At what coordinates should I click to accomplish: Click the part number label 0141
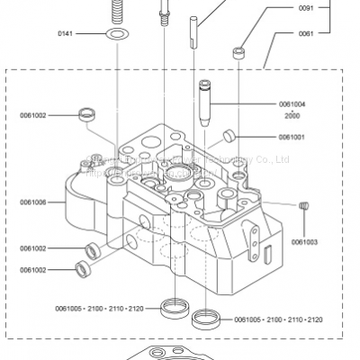(x=65, y=33)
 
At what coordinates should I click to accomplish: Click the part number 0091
(x=306, y=9)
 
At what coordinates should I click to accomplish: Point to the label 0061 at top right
(x=306, y=33)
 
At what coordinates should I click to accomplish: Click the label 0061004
(x=292, y=104)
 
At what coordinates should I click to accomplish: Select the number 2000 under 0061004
(x=292, y=117)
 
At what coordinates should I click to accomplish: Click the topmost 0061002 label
(x=33, y=115)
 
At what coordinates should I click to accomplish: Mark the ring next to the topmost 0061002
(x=87, y=113)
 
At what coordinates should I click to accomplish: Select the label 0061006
(x=33, y=202)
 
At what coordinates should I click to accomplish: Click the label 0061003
(x=303, y=241)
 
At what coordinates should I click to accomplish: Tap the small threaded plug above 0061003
(x=303, y=206)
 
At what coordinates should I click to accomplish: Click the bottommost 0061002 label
(x=33, y=269)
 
